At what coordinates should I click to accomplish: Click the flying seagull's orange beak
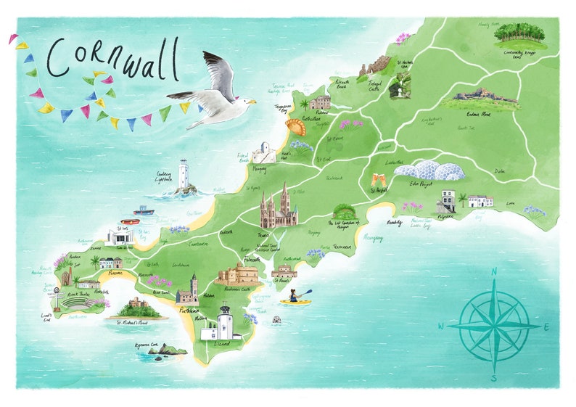(x=252, y=102)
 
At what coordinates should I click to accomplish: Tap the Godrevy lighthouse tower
(x=184, y=175)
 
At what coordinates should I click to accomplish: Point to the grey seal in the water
(x=276, y=319)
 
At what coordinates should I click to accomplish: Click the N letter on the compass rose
(x=493, y=272)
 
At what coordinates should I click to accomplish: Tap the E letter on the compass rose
(x=546, y=327)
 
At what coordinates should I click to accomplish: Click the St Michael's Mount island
(x=137, y=308)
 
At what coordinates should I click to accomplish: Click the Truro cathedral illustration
(x=279, y=207)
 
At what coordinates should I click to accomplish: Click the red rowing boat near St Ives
(x=130, y=221)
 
